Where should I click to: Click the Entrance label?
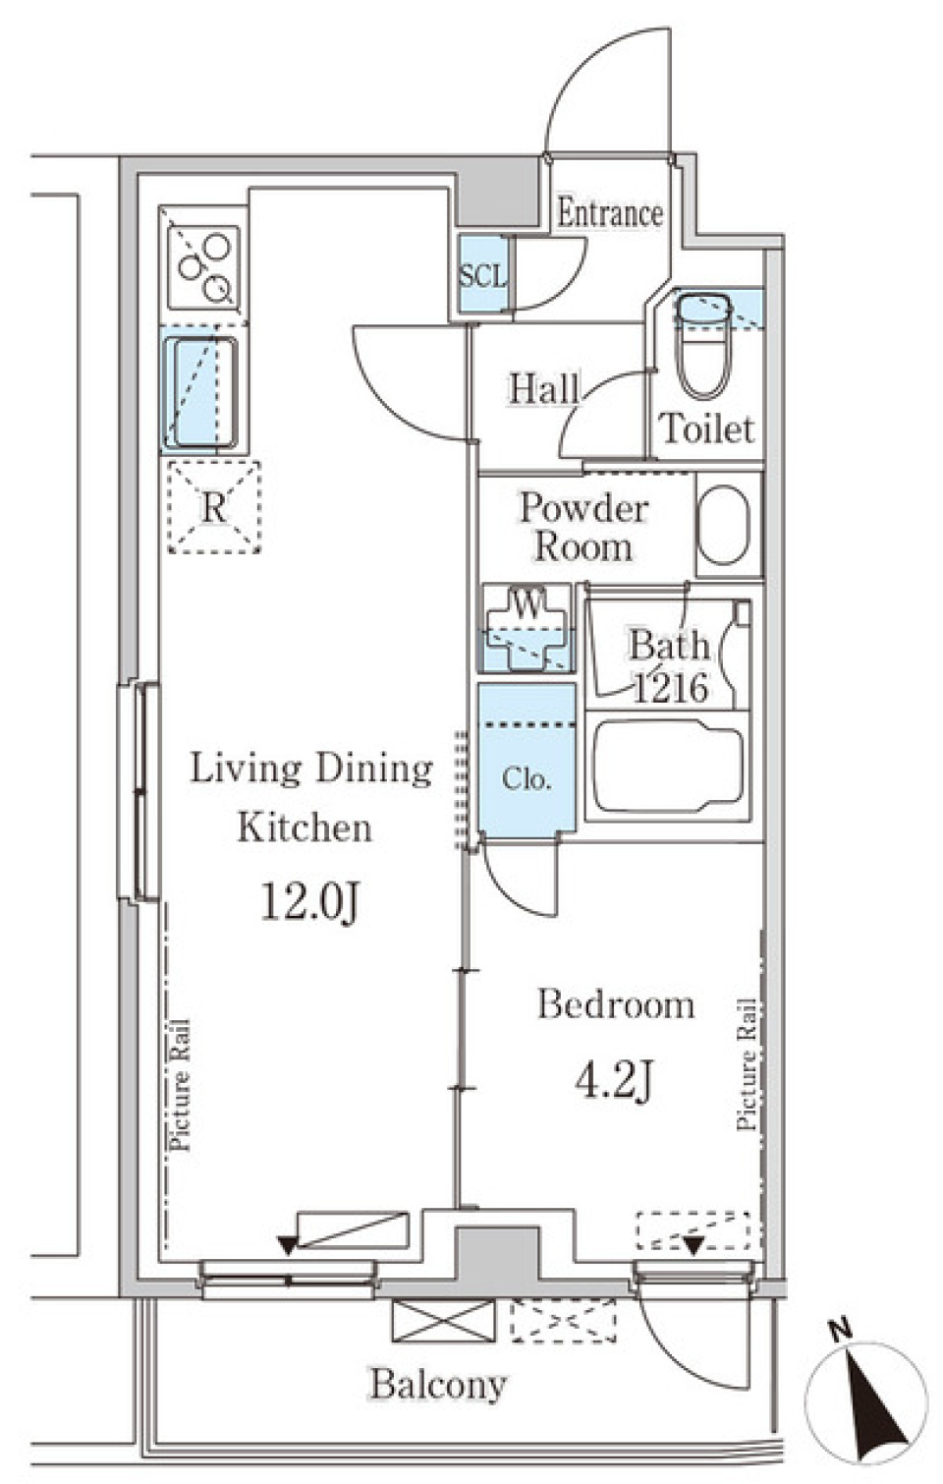click(x=609, y=213)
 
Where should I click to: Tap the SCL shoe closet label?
click(x=483, y=275)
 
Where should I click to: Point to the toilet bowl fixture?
click(x=702, y=347)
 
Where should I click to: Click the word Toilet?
click(x=707, y=428)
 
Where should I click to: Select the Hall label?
click(x=543, y=389)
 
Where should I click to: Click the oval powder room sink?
click(x=725, y=526)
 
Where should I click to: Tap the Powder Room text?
click(x=583, y=528)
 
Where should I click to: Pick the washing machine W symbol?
click(x=527, y=626)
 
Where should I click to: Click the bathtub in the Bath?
click(x=669, y=766)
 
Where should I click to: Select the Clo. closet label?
click(x=527, y=779)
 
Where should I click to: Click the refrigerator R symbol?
click(x=213, y=507)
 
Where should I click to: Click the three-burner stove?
click(x=203, y=266)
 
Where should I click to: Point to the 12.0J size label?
click(x=310, y=903)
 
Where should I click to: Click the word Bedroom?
click(x=616, y=1004)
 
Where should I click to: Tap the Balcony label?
click(x=438, y=1384)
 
